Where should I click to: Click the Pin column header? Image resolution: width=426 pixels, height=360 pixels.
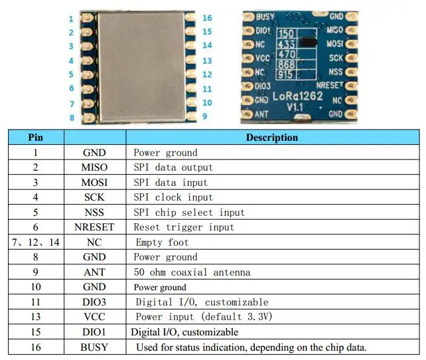click(35, 137)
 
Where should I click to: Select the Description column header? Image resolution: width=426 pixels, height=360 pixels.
click(271, 137)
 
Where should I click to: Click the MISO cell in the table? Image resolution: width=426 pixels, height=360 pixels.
click(94, 167)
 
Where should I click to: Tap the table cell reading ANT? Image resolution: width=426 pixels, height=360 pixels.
click(94, 272)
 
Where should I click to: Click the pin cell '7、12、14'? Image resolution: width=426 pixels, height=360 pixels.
click(35, 242)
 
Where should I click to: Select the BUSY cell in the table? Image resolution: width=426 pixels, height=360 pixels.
click(94, 347)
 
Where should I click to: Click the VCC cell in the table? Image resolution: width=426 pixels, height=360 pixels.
click(94, 317)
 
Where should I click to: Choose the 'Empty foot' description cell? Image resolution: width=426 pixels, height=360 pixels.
click(162, 242)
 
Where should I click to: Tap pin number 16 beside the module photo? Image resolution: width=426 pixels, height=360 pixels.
click(207, 18)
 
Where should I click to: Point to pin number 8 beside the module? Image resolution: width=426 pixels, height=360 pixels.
click(71, 118)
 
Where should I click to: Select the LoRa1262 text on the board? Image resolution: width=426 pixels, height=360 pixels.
click(298, 96)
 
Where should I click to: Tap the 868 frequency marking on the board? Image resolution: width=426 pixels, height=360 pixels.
click(287, 64)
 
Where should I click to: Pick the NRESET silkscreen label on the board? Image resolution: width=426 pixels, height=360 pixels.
click(330, 86)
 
